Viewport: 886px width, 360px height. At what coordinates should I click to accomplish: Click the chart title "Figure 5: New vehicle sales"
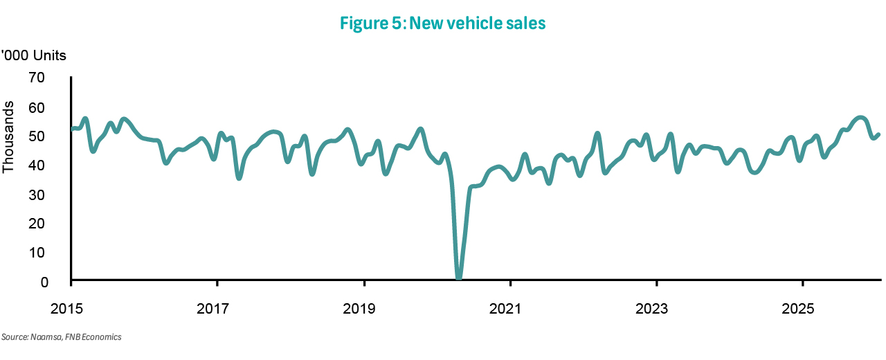coord(443,24)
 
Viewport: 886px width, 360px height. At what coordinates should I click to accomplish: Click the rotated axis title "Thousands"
coord(9,137)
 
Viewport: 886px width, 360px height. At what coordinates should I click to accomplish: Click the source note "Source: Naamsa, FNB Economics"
coord(62,337)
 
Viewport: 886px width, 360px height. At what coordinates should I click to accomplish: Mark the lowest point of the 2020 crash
coord(459,278)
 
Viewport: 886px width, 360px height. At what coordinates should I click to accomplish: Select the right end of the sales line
coord(878,134)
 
